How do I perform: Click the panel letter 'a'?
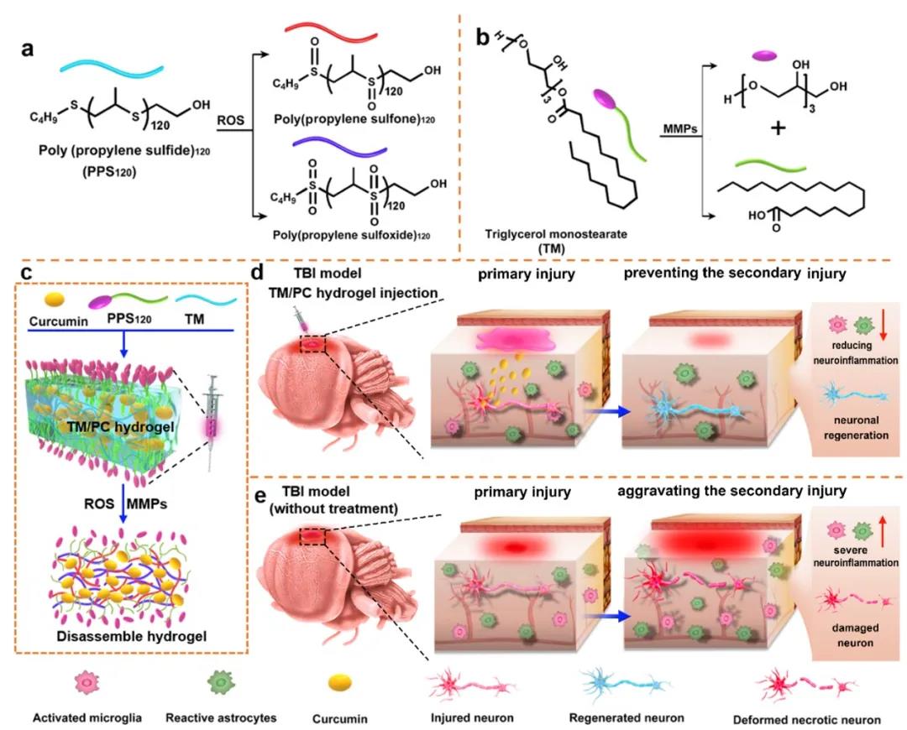[28, 49]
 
